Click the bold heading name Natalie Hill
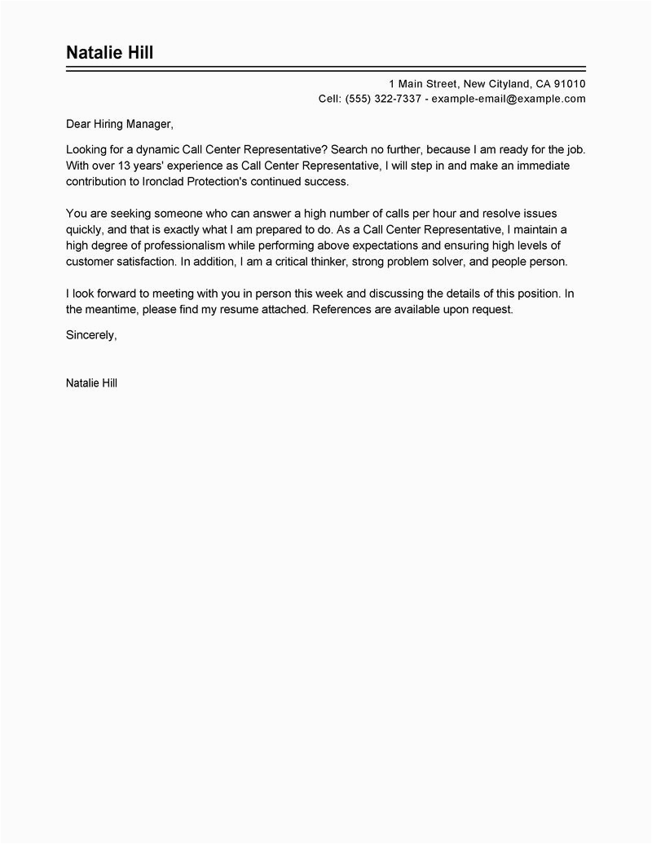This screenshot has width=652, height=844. click(109, 53)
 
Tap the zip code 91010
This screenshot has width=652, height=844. click(570, 84)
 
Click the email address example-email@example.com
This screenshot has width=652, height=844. click(509, 99)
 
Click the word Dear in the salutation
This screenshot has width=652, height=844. click(78, 125)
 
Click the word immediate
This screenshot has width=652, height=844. click(541, 166)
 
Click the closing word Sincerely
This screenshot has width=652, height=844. click(90, 335)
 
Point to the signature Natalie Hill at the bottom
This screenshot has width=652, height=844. click(91, 382)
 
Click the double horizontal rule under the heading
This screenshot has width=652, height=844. click(325, 70)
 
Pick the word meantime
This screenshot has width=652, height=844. click(110, 311)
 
